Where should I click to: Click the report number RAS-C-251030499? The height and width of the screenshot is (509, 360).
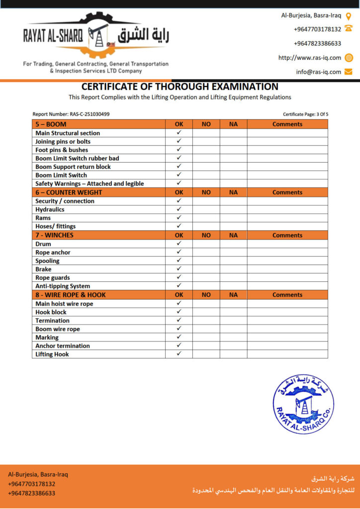point(90,114)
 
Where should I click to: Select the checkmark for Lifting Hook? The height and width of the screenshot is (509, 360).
point(179,354)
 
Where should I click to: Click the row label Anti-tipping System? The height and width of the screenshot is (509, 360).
point(63,286)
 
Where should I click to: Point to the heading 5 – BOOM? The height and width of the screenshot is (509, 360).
point(51,124)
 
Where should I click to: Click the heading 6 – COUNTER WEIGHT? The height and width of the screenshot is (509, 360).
point(69,192)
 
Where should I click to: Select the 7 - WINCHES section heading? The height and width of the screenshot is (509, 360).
point(54,235)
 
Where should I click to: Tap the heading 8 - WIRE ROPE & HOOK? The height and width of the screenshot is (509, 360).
point(71,295)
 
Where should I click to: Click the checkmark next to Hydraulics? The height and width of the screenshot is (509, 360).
point(179,209)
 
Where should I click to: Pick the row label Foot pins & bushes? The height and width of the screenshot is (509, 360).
point(62,150)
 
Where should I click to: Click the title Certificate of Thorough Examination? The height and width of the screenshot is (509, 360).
point(180,87)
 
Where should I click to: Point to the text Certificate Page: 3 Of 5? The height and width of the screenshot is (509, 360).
point(305,114)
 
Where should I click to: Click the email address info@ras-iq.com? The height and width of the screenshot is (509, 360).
point(319,72)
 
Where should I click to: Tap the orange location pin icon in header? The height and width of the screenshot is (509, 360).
point(349,15)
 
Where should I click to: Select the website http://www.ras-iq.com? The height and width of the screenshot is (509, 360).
point(310,58)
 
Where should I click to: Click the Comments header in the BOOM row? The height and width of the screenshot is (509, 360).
point(287,124)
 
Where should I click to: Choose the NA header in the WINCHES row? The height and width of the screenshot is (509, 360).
point(233,235)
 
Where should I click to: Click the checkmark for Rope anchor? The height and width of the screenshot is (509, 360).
point(179,252)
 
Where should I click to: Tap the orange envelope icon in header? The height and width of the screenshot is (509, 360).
point(349,72)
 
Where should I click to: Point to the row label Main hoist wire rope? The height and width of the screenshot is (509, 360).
point(64,304)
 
